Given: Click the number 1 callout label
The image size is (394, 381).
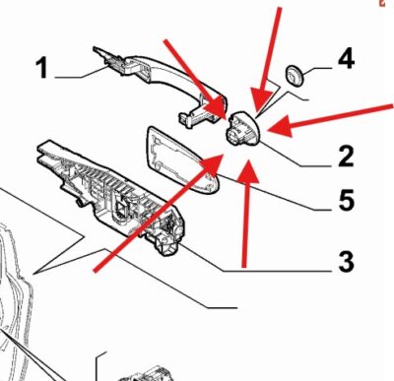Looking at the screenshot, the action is pos(42,68).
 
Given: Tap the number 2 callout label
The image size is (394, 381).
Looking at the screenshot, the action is pos(346,157).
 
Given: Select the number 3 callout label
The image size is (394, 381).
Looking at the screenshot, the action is pos(346,261).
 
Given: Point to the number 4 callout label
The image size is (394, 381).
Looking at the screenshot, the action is pos(346,58).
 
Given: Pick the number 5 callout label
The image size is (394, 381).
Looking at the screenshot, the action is pos(347,200).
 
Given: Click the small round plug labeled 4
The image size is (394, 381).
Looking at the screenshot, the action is pos(295,75).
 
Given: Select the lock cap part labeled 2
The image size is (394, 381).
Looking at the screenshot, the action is pos(243,127).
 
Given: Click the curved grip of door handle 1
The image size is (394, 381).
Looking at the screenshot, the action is pos(175,71).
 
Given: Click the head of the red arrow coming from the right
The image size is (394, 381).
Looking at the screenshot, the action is pos(280,126).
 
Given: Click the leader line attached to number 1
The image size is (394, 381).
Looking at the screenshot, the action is pos(82,73).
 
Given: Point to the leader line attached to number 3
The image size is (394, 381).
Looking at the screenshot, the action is pos(256,259).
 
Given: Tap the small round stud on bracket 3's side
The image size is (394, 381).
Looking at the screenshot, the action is pos(80,203).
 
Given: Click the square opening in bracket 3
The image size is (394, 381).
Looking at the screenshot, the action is pos(121,208).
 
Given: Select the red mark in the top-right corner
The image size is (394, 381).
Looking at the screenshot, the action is pos(382,3).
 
